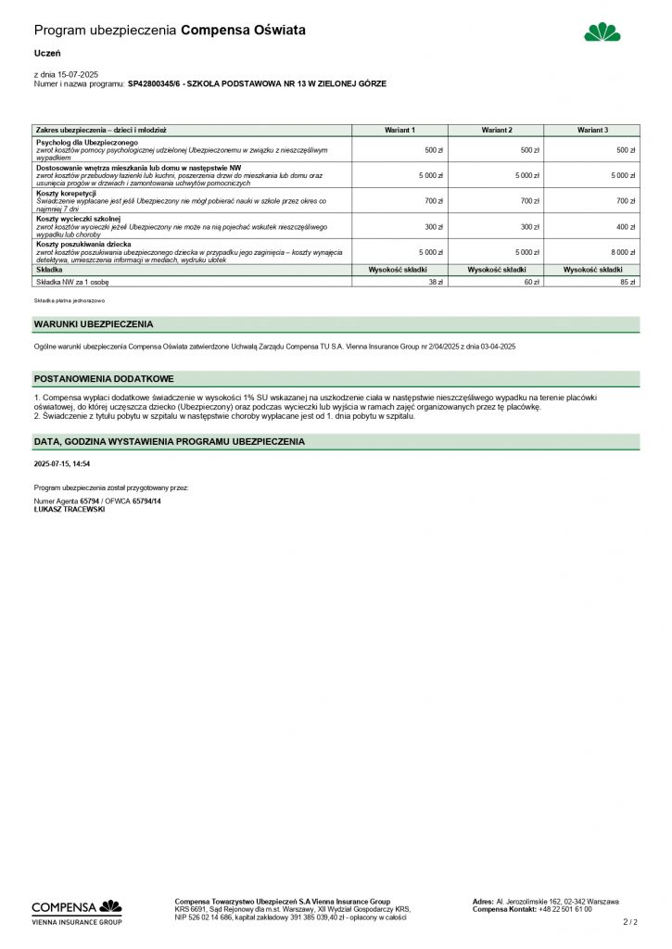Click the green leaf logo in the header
[602, 32]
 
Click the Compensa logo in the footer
[77, 910]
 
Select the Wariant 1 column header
[399, 131]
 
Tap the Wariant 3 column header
[592, 131]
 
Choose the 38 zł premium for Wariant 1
[434, 282]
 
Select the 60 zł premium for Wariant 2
[530, 282]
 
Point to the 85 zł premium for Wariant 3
[628, 282]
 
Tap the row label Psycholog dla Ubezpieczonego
[86, 143]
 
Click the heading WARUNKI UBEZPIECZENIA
[94, 324]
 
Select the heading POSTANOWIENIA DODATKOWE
[104, 379]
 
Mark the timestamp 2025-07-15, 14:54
[62, 463]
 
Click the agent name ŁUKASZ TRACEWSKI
[70, 509]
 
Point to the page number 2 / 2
[631, 922]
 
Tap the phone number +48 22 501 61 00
[565, 909]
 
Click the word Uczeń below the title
[47, 54]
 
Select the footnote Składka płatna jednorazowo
[70, 301]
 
